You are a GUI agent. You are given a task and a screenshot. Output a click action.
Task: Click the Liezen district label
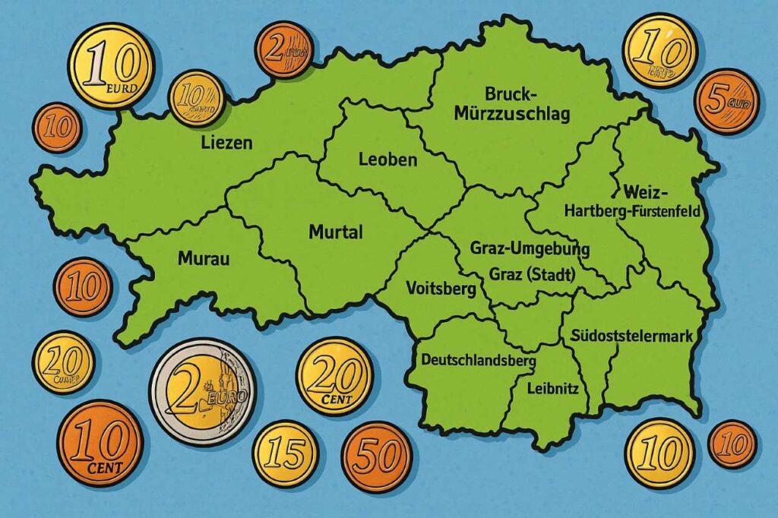pos(226,142)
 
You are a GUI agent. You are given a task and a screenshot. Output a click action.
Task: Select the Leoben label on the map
pos(387,160)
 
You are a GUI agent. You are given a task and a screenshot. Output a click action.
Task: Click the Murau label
pos(203,258)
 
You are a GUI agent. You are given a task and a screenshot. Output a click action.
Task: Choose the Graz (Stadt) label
pos(532,274)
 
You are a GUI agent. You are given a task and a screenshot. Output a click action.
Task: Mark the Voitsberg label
pos(441,289)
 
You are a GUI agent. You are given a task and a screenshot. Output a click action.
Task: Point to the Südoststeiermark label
pos(631,335)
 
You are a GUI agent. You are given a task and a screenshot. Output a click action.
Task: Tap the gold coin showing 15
pos(285,454)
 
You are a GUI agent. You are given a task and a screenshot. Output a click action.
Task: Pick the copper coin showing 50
pos(377,456)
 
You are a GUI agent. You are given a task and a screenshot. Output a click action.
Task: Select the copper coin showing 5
pos(726,102)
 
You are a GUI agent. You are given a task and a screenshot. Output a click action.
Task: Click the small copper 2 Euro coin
pos(283,49)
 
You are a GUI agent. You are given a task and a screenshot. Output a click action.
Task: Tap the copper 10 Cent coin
pos(100,443)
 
